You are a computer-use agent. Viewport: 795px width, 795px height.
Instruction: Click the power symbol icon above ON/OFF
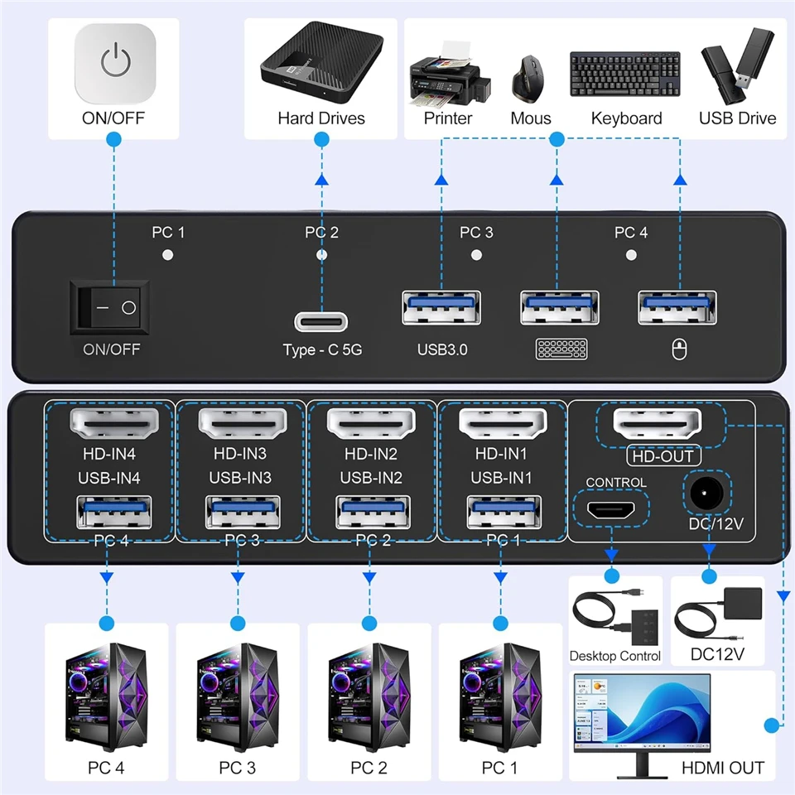[114, 62]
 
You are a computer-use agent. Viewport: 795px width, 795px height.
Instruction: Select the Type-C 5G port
[322, 320]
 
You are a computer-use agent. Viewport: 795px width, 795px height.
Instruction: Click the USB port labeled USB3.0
[441, 308]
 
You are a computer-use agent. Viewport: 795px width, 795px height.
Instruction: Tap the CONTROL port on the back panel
[611, 510]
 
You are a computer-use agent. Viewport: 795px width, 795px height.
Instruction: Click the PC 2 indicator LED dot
[322, 255]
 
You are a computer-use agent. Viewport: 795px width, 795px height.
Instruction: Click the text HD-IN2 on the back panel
[370, 454]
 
